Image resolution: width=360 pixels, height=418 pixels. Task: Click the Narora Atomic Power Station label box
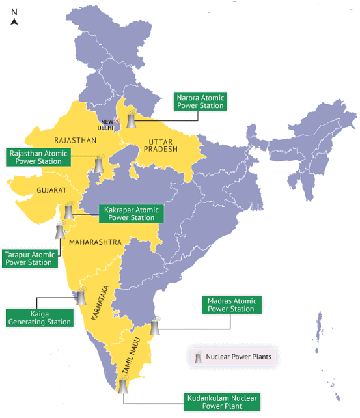(x=200, y=102)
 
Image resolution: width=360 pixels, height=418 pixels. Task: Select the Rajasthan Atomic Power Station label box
(x=38, y=157)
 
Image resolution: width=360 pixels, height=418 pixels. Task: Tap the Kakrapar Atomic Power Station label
(x=130, y=214)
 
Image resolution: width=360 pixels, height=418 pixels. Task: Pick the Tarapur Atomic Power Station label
(x=28, y=258)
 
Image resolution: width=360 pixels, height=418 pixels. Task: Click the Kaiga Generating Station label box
(x=38, y=317)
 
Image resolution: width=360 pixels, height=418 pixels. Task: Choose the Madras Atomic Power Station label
(x=231, y=305)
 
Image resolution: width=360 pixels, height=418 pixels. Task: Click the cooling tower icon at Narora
(x=132, y=119)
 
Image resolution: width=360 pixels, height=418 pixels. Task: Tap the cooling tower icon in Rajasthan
(x=98, y=163)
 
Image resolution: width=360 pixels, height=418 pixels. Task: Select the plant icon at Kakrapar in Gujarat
(x=68, y=211)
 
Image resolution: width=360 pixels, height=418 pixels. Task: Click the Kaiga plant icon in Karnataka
(x=81, y=297)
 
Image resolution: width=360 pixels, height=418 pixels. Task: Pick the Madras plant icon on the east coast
(x=155, y=326)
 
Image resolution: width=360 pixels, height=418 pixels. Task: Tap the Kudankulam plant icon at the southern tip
(x=122, y=385)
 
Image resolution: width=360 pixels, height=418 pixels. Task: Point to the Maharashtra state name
(x=96, y=242)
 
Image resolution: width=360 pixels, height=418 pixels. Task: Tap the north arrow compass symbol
(x=14, y=18)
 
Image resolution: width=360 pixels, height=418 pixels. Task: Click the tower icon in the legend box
(x=197, y=357)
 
